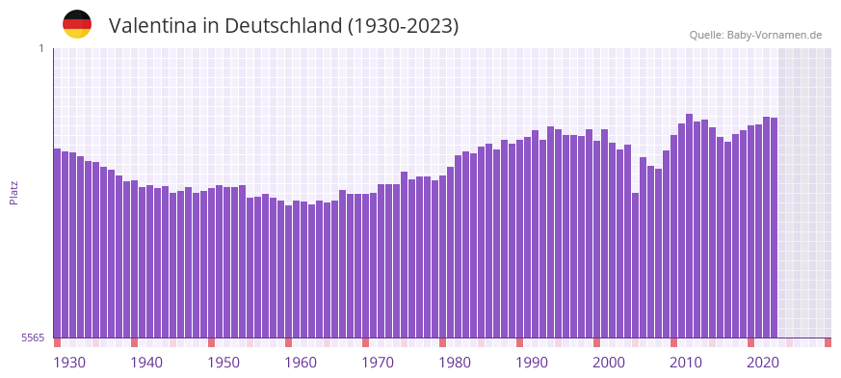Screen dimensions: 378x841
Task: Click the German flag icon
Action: [x=77, y=24]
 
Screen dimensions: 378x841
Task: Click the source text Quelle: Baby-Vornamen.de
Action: [x=755, y=35]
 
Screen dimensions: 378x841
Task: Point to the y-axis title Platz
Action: [x=13, y=192]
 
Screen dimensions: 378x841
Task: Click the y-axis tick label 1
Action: [x=40, y=48]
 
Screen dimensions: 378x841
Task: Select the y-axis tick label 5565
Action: [x=32, y=337]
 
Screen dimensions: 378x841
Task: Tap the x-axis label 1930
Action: [x=69, y=363]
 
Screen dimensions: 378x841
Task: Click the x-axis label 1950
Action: [x=223, y=363]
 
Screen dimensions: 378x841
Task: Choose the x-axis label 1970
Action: [x=378, y=363]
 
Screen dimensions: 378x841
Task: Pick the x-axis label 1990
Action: [x=532, y=363]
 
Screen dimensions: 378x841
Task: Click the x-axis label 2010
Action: [x=686, y=363]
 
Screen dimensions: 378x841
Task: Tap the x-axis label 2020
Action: [x=763, y=363]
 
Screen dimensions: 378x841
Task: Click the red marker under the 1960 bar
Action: [x=288, y=342]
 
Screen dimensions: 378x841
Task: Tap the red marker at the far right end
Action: [x=828, y=342]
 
